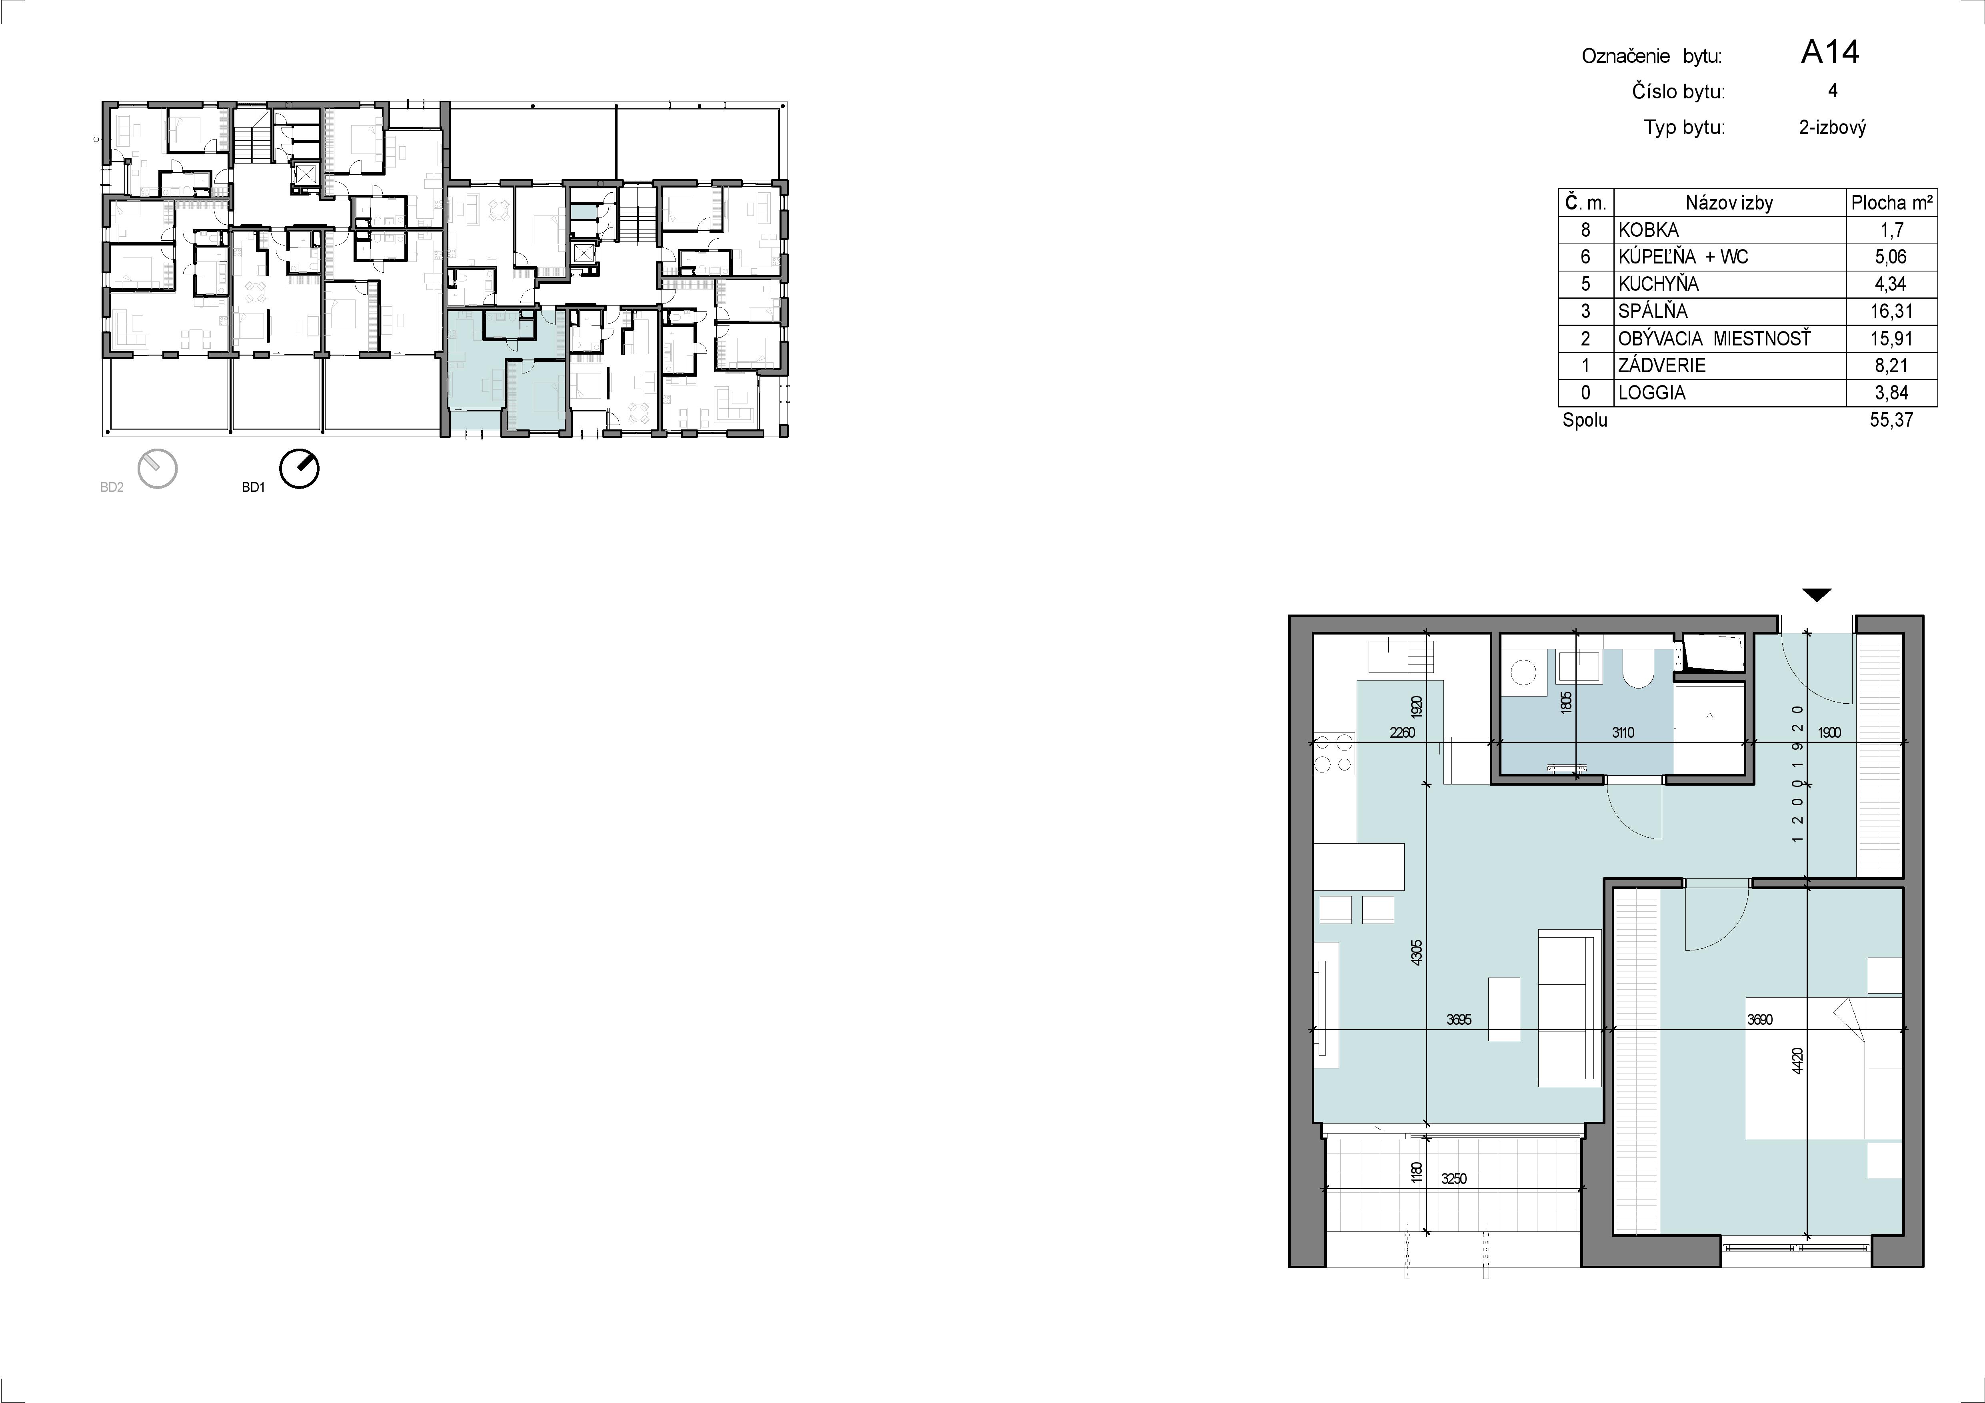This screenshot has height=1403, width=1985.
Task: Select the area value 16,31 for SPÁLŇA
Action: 1890,311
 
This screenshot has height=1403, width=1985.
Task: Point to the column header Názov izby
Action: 1729,203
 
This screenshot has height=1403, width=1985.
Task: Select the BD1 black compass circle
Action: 299,469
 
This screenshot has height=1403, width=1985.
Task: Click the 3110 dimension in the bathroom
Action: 1623,732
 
